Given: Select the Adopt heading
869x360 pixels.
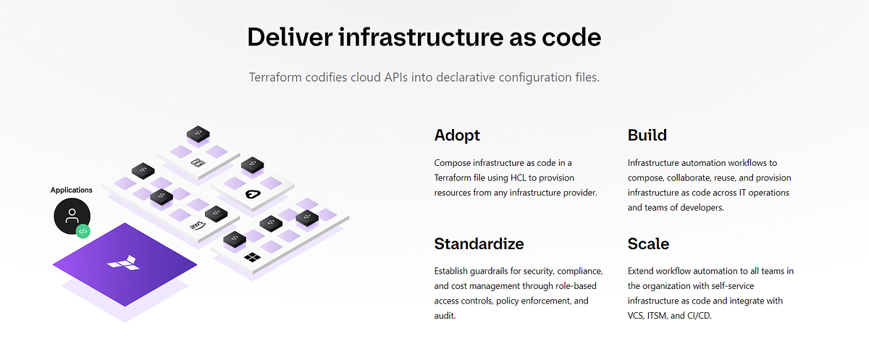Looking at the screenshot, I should [x=457, y=135].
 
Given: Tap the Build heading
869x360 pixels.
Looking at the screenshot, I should [x=647, y=135].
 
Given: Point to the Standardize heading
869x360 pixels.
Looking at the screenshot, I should [x=479, y=243].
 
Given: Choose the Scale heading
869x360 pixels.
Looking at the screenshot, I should [x=648, y=243].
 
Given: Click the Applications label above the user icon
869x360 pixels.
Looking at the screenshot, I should [x=72, y=190].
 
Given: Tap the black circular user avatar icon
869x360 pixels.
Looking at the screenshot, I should [x=72, y=215].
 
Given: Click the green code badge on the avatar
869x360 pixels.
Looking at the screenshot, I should [x=83, y=232].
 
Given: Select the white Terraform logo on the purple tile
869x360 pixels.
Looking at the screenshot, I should [x=124, y=261].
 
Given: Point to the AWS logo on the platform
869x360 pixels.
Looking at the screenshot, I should [x=196, y=225].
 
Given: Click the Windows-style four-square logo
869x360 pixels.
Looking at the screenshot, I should [x=252, y=258].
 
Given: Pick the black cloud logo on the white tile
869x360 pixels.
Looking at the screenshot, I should [x=252, y=193].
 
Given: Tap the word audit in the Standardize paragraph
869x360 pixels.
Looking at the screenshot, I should [x=445, y=316].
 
